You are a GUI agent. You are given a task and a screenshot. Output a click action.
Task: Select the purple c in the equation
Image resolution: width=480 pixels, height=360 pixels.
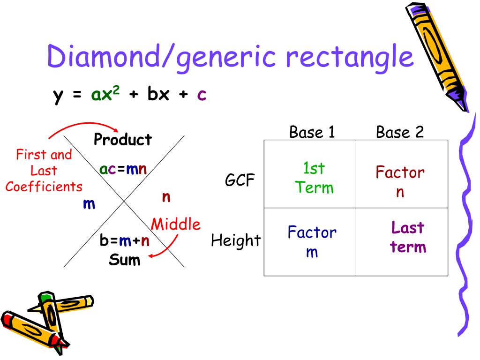(202, 95)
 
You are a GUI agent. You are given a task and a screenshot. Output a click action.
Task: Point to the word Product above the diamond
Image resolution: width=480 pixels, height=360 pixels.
(123, 140)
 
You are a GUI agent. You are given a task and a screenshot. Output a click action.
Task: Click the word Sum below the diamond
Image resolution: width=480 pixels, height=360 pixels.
(124, 259)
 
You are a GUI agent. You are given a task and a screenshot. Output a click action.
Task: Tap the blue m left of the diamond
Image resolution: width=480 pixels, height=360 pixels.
(89, 204)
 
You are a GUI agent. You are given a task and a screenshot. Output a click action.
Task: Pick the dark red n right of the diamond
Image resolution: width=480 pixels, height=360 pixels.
(165, 196)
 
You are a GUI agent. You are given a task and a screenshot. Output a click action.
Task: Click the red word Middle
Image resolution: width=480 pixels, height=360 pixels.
(175, 225)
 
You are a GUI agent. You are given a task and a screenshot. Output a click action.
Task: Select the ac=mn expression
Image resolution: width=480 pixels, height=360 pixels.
(123, 169)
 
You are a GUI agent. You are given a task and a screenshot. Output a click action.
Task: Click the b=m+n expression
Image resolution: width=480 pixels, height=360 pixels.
(124, 241)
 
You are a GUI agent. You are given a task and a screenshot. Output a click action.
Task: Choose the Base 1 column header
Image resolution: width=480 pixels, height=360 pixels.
(312, 133)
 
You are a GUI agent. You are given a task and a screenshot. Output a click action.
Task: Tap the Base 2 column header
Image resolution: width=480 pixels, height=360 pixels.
(400, 133)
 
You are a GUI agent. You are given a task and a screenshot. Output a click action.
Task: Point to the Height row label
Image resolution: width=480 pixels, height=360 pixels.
(236, 241)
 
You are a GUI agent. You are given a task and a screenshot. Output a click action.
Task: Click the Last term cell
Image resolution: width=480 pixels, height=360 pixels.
(408, 237)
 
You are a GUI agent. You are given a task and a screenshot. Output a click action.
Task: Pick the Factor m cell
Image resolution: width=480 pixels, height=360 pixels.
(312, 242)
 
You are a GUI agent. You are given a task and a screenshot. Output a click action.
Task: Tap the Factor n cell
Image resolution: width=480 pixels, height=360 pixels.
(400, 182)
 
